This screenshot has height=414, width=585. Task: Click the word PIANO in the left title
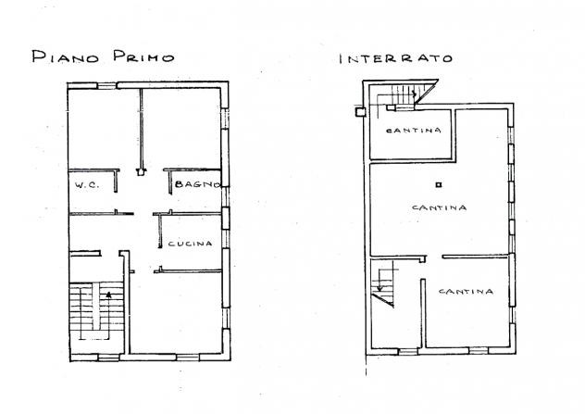66,56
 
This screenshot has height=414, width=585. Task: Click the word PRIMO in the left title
144,56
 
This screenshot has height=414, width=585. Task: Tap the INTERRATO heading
396,58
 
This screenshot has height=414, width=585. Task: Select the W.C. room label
87,185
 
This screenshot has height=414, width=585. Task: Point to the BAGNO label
197,183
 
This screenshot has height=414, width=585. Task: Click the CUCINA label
190,244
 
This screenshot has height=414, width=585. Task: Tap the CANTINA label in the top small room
414,131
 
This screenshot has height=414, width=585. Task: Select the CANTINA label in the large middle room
439,207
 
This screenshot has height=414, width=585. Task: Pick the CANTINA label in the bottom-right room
466,291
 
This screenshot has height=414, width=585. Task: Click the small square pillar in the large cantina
439,184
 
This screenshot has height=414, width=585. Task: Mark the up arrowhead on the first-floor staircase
108,295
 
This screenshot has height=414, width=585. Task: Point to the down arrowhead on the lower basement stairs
380,288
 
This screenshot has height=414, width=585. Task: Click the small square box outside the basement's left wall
360,112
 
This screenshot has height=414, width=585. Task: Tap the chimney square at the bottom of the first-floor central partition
141,172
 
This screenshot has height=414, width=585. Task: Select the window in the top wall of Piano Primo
107,85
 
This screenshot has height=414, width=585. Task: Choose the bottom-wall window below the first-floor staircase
108,358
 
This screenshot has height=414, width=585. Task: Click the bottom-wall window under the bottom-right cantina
479,350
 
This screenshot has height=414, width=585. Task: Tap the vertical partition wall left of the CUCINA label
160,232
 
